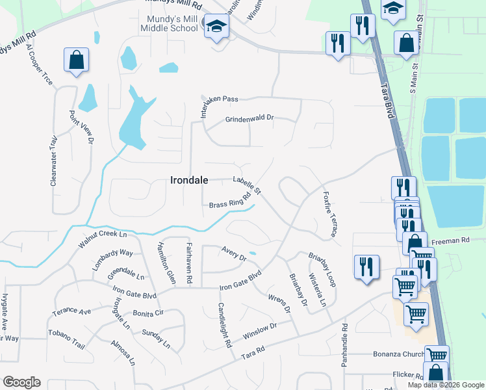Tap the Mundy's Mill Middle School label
[x=168, y=24]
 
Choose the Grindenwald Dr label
[x=250, y=119]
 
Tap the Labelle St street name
[x=247, y=185]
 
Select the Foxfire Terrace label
[x=330, y=214]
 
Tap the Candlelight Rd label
[x=225, y=325]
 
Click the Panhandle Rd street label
[x=345, y=345]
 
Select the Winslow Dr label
[x=260, y=331]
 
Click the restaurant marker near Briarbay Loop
[x=366, y=266]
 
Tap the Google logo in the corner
[x=21, y=382]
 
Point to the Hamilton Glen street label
[x=166, y=263]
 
